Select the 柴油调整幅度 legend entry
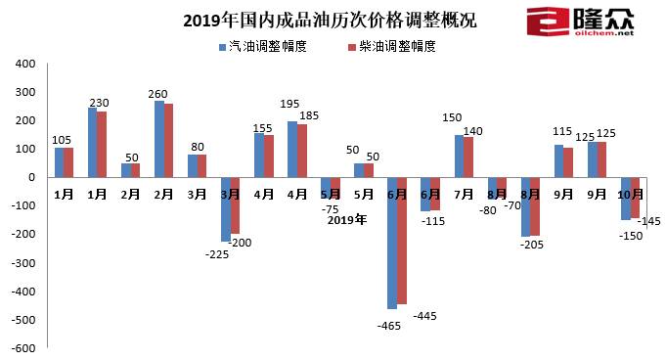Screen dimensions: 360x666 390,46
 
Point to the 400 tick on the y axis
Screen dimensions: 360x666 25,64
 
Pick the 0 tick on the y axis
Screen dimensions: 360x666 31,178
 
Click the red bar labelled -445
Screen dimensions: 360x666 401,241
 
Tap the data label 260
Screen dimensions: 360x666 158,94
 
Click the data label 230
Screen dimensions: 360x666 98,103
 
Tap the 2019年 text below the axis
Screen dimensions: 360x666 346,219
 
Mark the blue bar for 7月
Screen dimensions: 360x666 458,157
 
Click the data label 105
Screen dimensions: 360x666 63,139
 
